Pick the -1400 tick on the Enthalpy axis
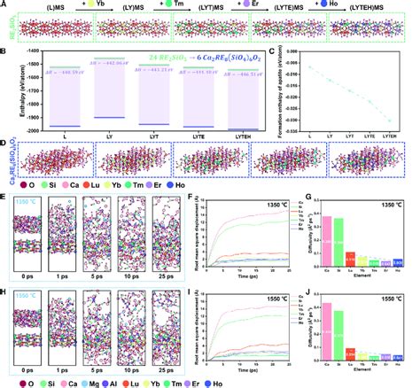[31, 55]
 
